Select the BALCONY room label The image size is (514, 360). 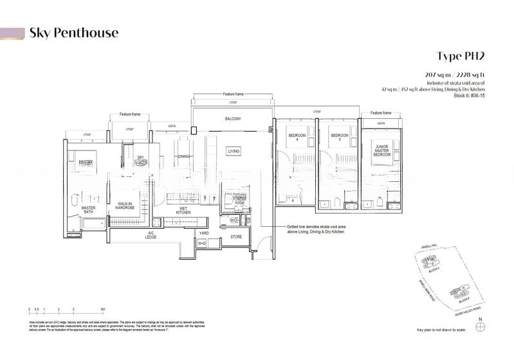pyautogui.click(x=232, y=120)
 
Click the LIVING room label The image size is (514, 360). pyautogui.click(x=234, y=151)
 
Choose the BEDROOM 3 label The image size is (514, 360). pyautogui.click(x=339, y=136)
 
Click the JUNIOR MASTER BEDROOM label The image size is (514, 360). pyautogui.click(x=382, y=151)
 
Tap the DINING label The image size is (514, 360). pyautogui.click(x=184, y=156)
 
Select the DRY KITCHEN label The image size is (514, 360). pyautogui.click(x=142, y=160)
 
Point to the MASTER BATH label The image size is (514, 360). pyautogui.click(x=88, y=211)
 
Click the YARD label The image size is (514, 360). pyautogui.click(x=203, y=233)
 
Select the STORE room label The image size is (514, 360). pyautogui.click(x=236, y=237)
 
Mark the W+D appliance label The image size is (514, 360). pyautogui.click(x=202, y=244)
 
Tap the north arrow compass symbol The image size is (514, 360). pyautogui.click(x=477, y=326)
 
